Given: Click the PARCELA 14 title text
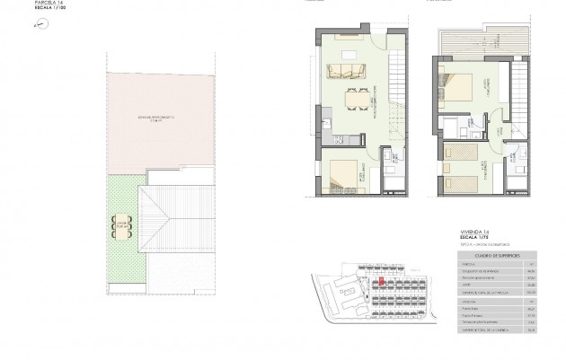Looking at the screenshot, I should (x=49, y=4).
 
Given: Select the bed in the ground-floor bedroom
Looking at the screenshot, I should (x=346, y=174).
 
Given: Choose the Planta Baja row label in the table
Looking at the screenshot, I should (x=469, y=308).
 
